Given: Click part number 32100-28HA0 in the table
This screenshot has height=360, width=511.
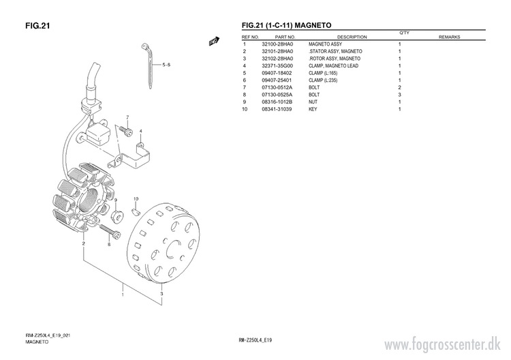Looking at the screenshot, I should (x=277, y=44).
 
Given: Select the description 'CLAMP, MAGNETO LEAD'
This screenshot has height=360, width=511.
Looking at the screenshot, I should (x=334, y=66).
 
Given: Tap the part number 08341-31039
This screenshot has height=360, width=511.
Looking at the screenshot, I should (x=277, y=109).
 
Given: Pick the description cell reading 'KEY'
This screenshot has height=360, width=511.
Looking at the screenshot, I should (x=313, y=109).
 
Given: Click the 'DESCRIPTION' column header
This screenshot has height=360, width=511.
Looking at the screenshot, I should (x=352, y=37).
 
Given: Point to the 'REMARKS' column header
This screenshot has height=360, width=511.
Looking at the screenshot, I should (x=450, y=37).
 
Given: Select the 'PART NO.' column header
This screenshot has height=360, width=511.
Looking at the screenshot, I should (x=285, y=37).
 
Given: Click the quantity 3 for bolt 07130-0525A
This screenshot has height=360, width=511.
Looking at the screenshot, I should (x=399, y=95).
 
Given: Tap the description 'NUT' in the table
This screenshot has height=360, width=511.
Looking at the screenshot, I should (x=313, y=102).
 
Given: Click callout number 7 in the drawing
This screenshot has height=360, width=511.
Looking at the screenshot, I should (x=127, y=118).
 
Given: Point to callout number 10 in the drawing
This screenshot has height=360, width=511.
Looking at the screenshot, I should (x=136, y=198).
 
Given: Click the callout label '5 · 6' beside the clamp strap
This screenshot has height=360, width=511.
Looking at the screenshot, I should (x=166, y=65).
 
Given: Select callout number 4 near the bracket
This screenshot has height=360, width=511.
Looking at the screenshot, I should (x=141, y=131).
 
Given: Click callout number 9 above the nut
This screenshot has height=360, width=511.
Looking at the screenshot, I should (x=115, y=200).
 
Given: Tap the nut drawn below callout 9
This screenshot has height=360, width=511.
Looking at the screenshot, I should (x=117, y=217).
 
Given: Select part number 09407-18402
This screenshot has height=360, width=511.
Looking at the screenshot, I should (x=277, y=73).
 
